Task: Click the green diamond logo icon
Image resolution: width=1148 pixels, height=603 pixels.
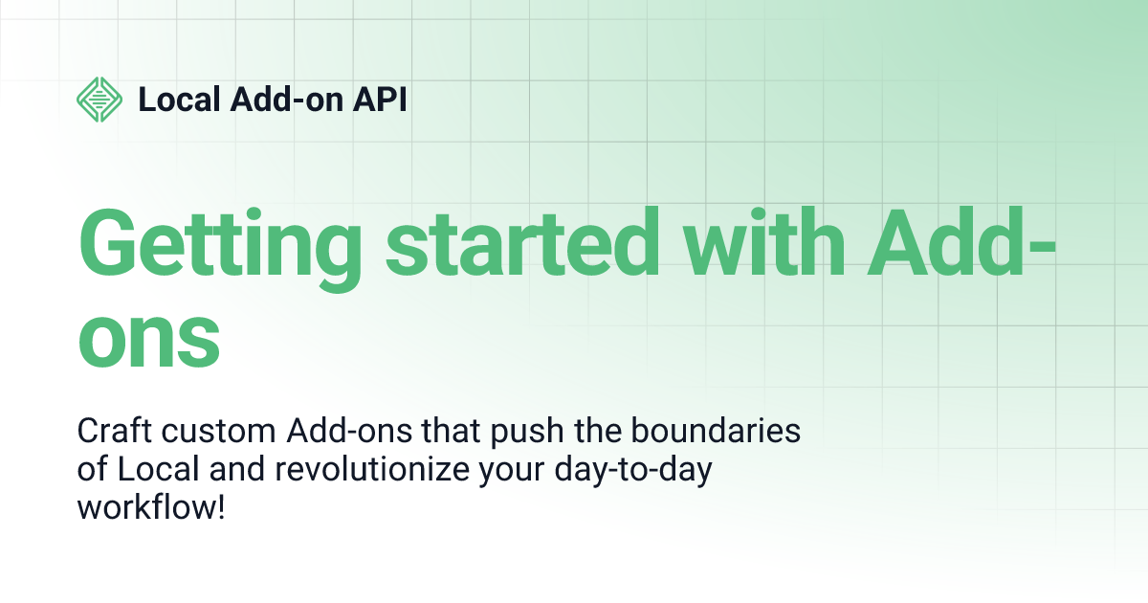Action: pos(99,100)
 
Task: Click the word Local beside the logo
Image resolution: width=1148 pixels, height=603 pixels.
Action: pos(180,99)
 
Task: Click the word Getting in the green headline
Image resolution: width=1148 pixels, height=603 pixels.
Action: pos(220,250)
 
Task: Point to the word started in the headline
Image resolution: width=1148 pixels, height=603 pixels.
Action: pos(522,242)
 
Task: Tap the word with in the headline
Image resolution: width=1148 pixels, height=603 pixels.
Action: pos(764,242)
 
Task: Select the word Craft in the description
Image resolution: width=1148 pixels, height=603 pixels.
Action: pos(114,430)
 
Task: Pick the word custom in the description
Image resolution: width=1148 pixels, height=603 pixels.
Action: pos(219,432)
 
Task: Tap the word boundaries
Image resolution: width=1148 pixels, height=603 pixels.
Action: pos(716,430)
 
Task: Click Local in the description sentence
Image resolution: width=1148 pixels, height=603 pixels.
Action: pos(158,469)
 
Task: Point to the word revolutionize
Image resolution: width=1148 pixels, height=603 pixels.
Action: pos(372,469)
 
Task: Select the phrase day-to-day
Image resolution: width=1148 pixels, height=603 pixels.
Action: pos(633,470)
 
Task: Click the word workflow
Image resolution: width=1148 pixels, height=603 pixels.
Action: pos(145,507)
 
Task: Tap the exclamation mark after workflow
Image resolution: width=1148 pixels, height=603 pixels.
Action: pos(221,507)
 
